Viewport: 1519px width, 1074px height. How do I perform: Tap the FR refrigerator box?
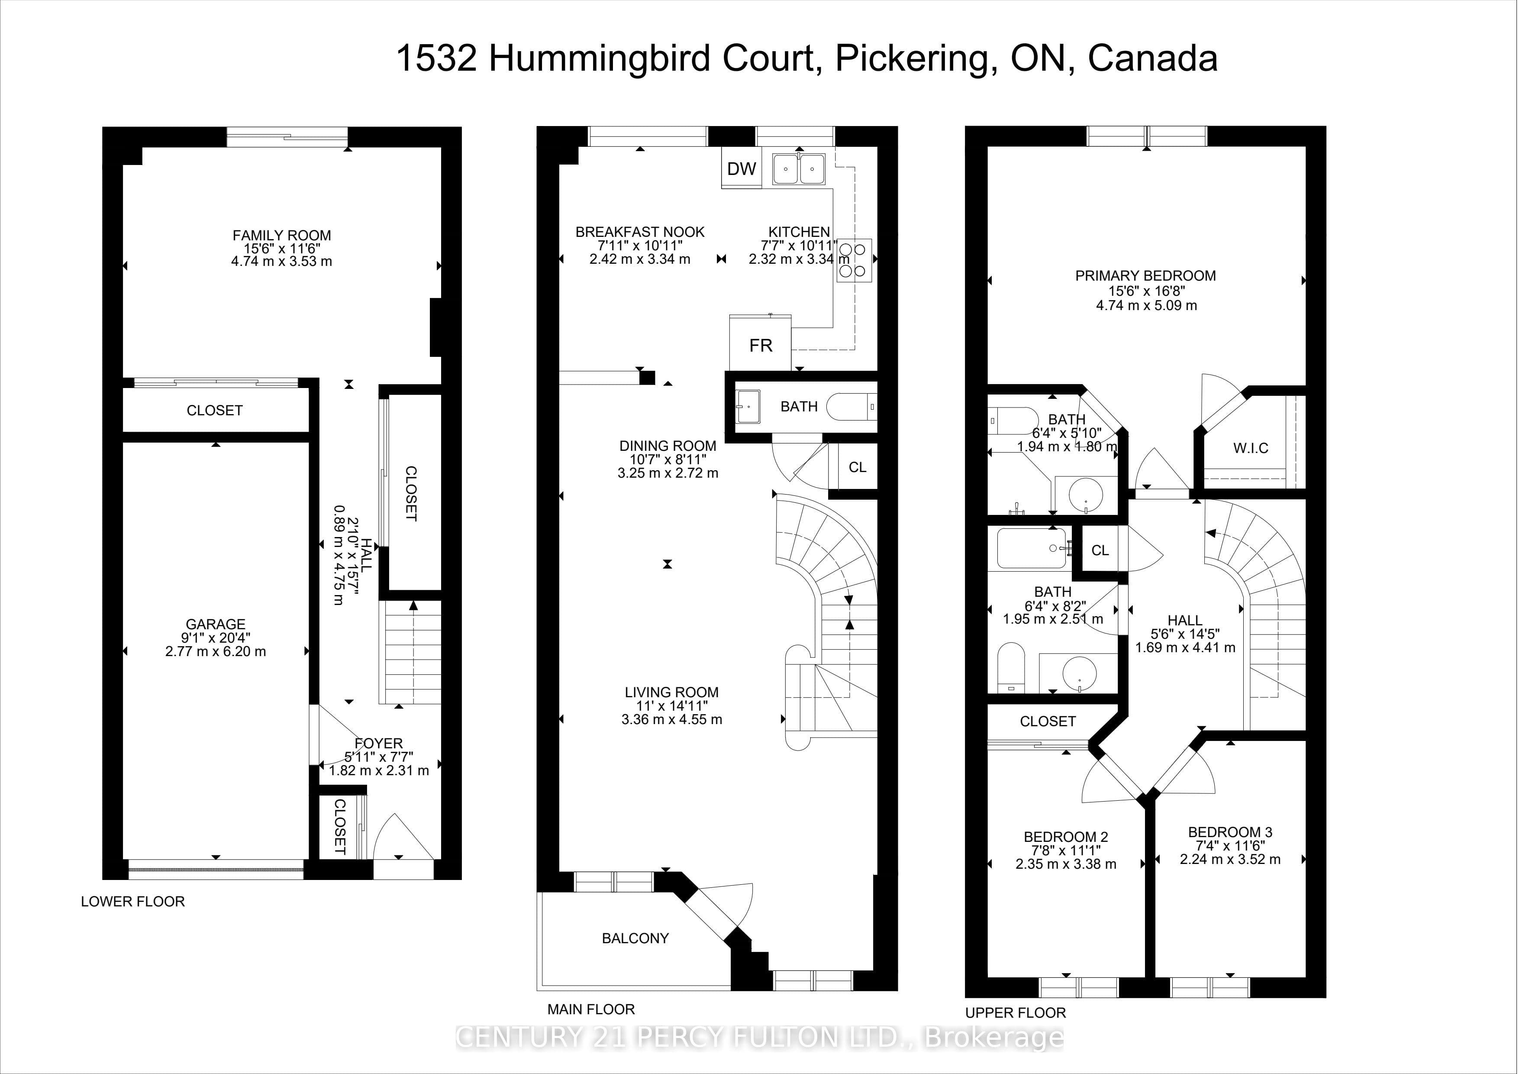pos(760,343)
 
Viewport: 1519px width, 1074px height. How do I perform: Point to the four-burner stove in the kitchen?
pos(854,261)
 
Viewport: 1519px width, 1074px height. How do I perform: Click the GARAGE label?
pos(216,624)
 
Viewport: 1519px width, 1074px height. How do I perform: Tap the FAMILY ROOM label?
pos(282,235)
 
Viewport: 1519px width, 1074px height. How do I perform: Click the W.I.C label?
pos(1251,448)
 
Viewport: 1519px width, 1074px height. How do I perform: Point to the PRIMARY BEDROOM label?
pos(1145,275)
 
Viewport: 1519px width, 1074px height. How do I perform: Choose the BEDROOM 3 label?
pos(1230,832)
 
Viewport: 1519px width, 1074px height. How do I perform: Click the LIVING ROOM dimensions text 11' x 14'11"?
pos(671,705)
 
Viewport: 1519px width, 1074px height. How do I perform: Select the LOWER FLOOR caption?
pos(133,901)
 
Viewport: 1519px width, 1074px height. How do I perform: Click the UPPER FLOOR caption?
pos(1016,1013)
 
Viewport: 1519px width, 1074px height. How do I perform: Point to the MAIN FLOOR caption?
pos(591,1009)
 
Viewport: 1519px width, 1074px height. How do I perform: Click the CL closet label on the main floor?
pos(858,467)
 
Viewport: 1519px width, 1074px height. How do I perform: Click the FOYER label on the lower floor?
pos(378,743)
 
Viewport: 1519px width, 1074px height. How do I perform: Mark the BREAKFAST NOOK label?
pos(640,232)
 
